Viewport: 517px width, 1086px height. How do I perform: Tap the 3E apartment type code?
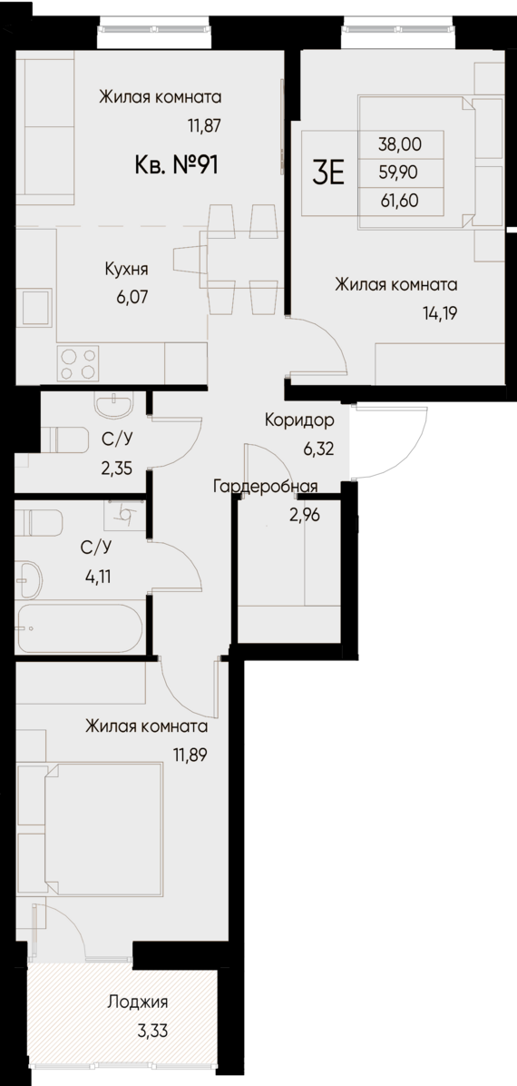[x=328, y=170]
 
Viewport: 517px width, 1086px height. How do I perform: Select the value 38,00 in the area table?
[x=401, y=143]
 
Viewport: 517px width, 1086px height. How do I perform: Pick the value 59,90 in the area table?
[x=401, y=170]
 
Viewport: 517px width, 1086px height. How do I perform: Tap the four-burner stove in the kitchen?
[x=78, y=363]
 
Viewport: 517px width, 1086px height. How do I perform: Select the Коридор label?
[x=299, y=420]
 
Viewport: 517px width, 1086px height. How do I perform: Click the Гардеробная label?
[x=265, y=487]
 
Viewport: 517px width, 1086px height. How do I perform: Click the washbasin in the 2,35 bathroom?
[x=114, y=402]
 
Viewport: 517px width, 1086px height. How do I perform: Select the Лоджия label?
[x=137, y=1002]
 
